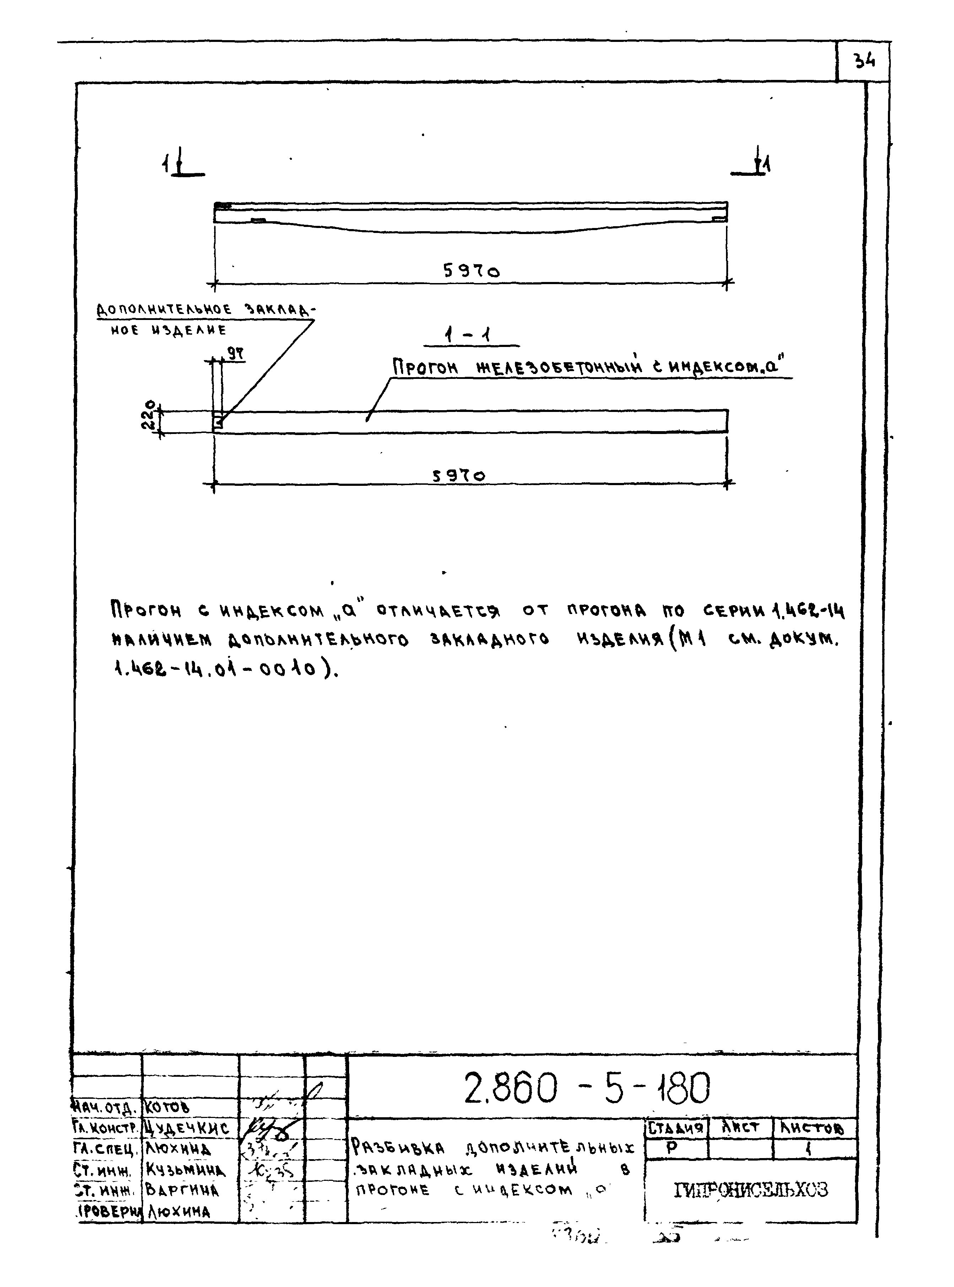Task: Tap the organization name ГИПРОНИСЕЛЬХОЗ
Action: pos(751,1190)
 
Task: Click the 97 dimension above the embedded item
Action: pos(235,353)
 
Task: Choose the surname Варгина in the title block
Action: pos(182,1190)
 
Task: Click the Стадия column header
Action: pos(676,1128)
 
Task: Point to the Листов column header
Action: pos(812,1128)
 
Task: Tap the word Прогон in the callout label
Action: pos(425,367)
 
